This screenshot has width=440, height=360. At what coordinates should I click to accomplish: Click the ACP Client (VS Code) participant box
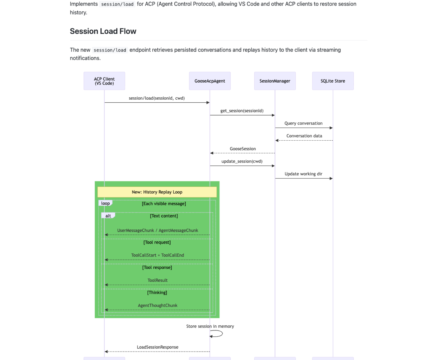(x=104, y=81)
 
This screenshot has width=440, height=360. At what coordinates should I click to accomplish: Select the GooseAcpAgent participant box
(x=210, y=81)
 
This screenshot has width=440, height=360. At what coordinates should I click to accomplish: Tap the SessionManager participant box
(x=275, y=81)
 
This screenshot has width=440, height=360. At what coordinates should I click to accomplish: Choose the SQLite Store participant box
(x=333, y=81)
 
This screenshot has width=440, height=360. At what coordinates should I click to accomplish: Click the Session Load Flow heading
(x=103, y=31)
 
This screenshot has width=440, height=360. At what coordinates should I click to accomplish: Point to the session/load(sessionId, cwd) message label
(x=157, y=98)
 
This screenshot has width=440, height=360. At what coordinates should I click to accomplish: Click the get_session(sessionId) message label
(x=242, y=111)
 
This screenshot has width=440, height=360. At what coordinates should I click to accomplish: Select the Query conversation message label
(x=303, y=123)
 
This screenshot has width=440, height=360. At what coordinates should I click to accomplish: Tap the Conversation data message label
(x=304, y=136)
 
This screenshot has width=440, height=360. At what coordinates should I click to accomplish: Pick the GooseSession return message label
(x=243, y=149)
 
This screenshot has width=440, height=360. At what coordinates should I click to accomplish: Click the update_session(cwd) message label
(x=242, y=161)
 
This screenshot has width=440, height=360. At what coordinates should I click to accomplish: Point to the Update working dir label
(x=303, y=174)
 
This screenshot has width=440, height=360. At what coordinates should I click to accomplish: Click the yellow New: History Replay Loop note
(x=157, y=192)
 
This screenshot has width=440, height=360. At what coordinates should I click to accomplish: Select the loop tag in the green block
(x=105, y=203)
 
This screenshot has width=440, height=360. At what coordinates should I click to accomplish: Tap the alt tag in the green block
(x=108, y=216)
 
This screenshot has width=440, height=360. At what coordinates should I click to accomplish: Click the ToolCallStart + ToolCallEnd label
(x=158, y=255)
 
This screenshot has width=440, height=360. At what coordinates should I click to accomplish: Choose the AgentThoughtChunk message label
(x=158, y=306)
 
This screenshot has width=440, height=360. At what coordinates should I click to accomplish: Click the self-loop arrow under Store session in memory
(x=217, y=334)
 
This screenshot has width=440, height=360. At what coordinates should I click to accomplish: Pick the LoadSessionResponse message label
(x=158, y=347)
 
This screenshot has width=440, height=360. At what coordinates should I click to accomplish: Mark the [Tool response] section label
(x=157, y=268)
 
